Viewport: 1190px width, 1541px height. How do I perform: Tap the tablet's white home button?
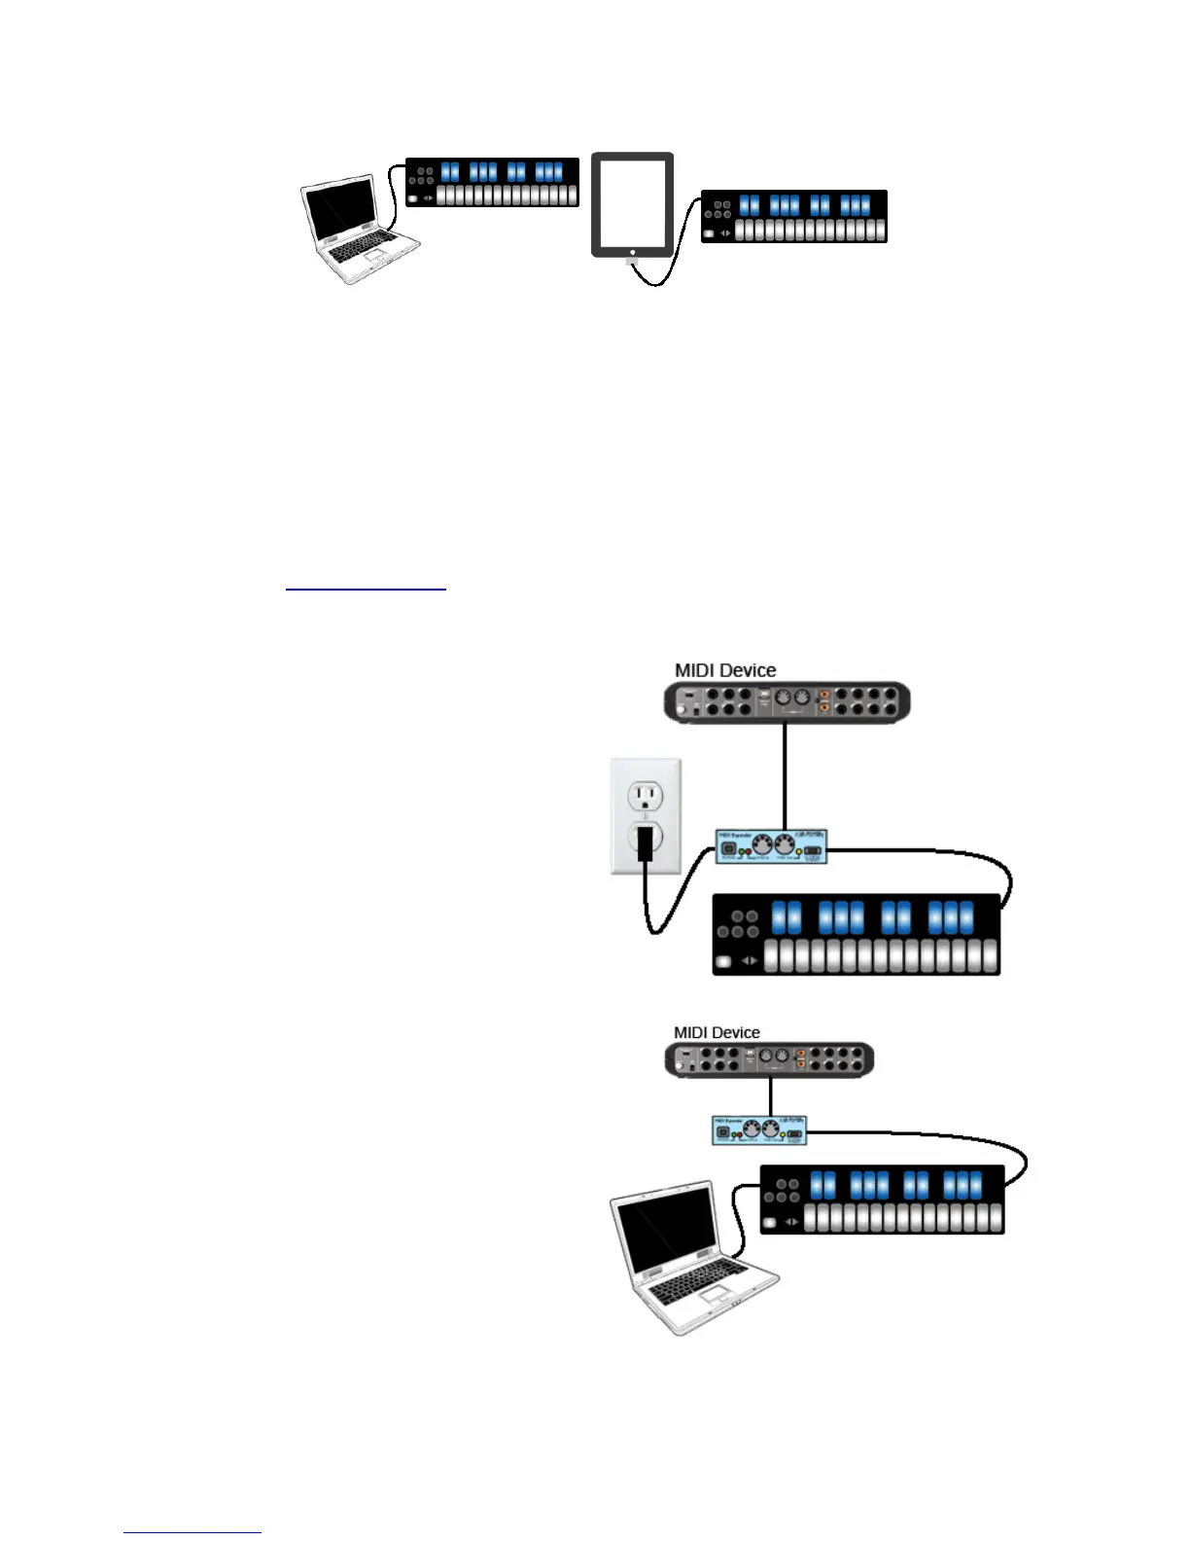coord(633,252)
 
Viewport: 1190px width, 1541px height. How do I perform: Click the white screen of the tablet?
coord(632,202)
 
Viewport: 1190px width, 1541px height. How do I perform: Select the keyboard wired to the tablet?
coord(793,216)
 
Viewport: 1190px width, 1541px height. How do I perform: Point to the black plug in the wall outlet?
coord(644,844)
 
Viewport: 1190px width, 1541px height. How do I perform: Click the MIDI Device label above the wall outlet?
coord(725,670)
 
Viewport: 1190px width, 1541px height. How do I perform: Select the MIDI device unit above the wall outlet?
coord(787,702)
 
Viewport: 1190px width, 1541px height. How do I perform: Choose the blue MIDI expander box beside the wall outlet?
coord(771,847)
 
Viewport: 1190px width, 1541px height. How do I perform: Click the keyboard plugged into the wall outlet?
coord(857,934)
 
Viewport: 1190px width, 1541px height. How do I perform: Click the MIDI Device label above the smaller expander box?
coord(717,1032)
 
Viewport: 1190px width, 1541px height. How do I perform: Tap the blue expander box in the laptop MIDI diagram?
coord(758,1130)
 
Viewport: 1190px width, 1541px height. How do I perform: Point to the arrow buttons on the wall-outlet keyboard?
coord(750,961)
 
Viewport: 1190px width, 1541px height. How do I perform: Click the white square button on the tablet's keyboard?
coord(708,234)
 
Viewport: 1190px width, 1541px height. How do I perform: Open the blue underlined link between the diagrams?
coord(366,588)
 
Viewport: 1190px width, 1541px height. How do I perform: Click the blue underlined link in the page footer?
coord(192,1532)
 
